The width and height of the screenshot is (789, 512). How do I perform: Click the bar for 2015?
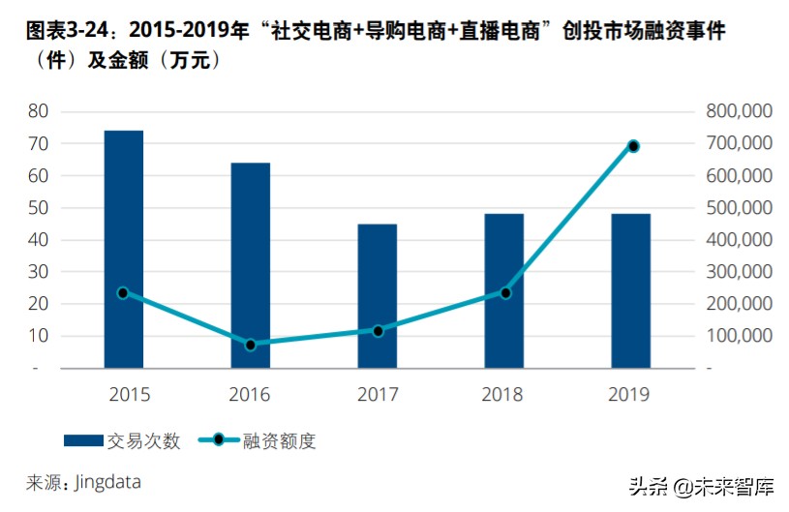click(123, 249)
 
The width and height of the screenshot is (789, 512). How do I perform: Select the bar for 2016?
click(250, 265)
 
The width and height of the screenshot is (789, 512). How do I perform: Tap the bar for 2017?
click(377, 296)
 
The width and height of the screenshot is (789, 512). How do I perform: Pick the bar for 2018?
click(504, 290)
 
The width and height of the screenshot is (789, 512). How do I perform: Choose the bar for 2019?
click(631, 290)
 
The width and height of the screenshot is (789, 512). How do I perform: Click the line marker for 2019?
click(633, 146)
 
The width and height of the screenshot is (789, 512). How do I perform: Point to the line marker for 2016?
click(250, 345)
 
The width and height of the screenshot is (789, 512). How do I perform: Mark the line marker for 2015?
click(123, 292)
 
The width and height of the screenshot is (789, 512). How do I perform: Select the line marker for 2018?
click(504, 292)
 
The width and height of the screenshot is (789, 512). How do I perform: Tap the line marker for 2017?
click(378, 331)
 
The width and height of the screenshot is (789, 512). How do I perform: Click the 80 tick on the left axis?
click(39, 111)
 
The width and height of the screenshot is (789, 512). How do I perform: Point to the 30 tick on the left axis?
click(39, 272)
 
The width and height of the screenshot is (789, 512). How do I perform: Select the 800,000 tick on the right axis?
click(739, 111)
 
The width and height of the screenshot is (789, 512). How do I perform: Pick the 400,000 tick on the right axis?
click(739, 240)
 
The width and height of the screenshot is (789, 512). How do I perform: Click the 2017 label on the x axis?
click(378, 395)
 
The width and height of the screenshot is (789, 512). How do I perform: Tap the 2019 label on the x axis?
click(631, 395)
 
